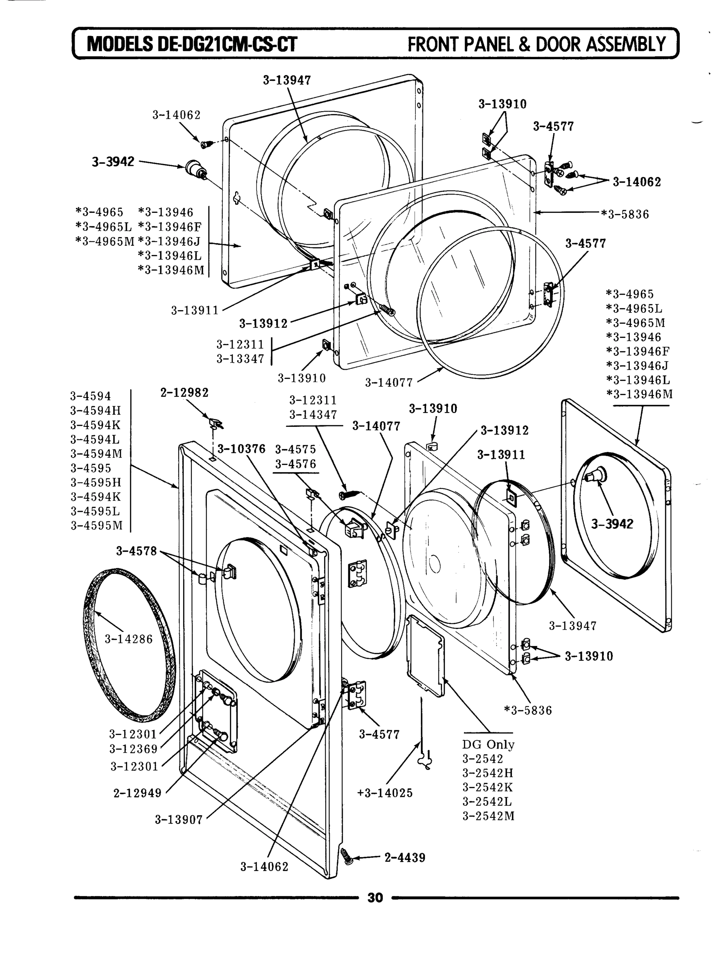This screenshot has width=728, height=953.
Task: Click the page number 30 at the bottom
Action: pyautogui.click(x=375, y=897)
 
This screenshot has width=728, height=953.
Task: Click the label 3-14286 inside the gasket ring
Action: pyautogui.click(x=129, y=639)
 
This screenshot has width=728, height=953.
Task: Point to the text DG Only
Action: pyautogui.click(x=488, y=745)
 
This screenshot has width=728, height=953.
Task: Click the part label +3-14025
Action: pyautogui.click(x=385, y=793)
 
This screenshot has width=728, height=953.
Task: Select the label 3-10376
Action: pyautogui.click(x=241, y=449)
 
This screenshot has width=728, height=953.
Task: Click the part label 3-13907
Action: pyautogui.click(x=179, y=820)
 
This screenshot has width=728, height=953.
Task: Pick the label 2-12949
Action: pyautogui.click(x=137, y=793)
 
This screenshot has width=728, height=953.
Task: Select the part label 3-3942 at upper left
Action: pyautogui.click(x=113, y=162)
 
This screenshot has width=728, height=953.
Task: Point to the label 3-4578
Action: pyautogui.click(x=136, y=551)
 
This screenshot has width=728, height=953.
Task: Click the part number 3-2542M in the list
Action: pyautogui.click(x=489, y=816)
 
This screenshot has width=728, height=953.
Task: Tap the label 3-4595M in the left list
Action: pyautogui.click(x=97, y=525)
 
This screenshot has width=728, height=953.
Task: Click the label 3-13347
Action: pyautogui.click(x=240, y=359)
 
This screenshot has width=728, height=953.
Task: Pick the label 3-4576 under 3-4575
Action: pyautogui.click(x=295, y=464)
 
